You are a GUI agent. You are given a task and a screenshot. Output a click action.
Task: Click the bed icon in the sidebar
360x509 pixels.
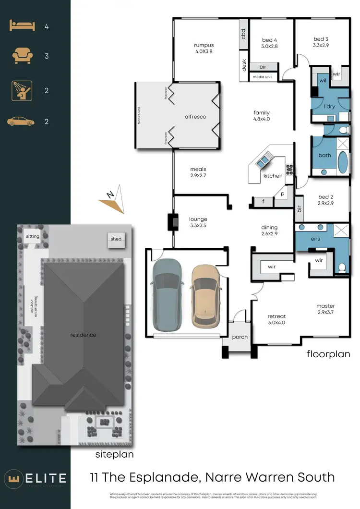tap(22, 26)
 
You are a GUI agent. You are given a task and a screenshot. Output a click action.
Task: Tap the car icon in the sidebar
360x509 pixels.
tap(21, 121)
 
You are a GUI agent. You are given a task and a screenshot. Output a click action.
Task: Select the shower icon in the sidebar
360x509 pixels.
tap(22, 91)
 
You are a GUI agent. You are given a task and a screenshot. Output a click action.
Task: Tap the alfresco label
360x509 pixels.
tap(195, 117)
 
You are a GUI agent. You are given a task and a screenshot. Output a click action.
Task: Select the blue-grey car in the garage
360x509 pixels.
tap(166, 294)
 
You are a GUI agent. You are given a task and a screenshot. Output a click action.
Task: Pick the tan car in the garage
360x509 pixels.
tap(205, 296)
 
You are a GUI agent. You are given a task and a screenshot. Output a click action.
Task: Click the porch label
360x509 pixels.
tap(240, 337)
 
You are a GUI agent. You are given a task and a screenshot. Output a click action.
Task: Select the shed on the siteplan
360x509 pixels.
tap(116, 239)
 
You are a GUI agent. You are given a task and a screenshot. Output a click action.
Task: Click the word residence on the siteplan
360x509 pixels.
tap(83, 335)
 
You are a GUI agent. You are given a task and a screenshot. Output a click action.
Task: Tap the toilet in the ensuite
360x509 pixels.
tap(342, 267)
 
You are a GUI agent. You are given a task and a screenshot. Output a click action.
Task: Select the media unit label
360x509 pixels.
tap(262, 77)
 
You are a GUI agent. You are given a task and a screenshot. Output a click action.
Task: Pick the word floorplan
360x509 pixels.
tap(328, 354)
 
